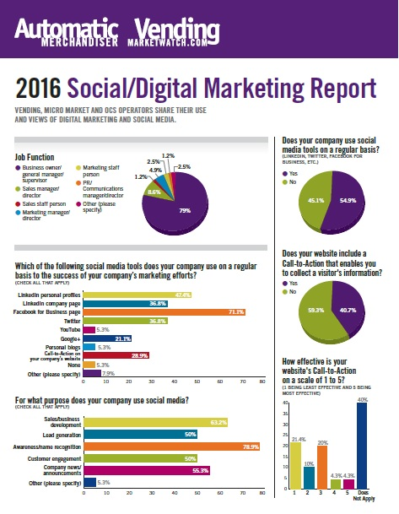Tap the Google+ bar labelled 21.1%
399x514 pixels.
117,338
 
